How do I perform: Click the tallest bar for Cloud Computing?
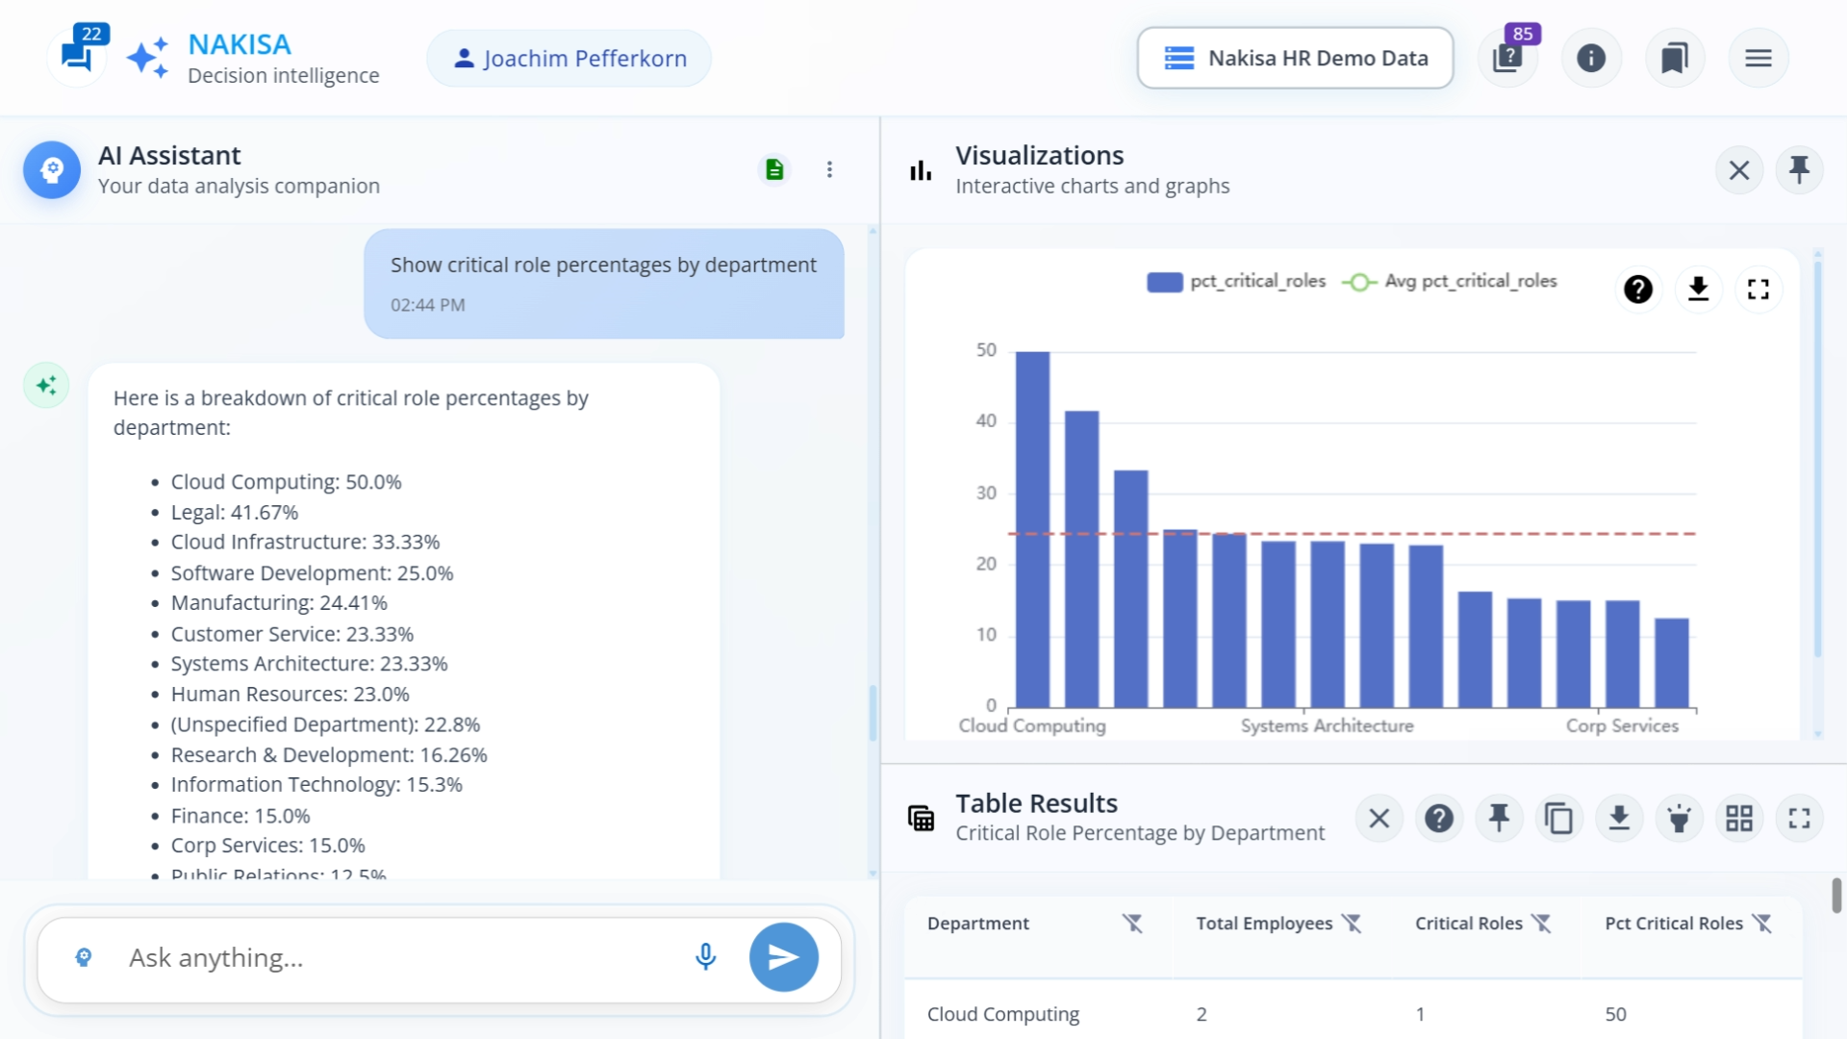coord(1032,529)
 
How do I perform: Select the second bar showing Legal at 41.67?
coord(1081,558)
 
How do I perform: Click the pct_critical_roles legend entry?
coord(1236,281)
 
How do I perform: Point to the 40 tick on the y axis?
coord(986,421)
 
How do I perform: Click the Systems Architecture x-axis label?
coord(1327,726)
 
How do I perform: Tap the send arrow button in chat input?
coord(783,957)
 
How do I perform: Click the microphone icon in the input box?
coord(705,957)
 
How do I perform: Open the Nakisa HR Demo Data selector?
coord(1295,58)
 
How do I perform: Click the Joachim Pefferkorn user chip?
coord(569,59)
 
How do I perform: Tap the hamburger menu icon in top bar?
coord(1758,59)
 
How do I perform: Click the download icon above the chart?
coord(1698,289)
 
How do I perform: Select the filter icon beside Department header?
coord(1132,924)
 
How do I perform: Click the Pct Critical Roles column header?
coord(1673,924)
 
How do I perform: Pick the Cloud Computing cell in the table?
coord(1002,1014)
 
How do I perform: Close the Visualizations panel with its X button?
coord(1738,171)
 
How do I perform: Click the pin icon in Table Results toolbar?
coord(1499,819)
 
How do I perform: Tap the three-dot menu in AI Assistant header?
coord(829,170)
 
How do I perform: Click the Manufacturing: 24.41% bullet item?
coord(279,603)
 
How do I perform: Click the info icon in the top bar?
coord(1591,59)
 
